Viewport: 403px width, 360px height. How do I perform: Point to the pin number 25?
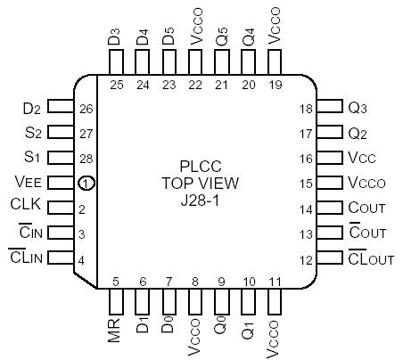point(115,86)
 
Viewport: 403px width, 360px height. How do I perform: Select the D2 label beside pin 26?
point(31,109)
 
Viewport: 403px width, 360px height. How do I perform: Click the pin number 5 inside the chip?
point(115,282)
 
